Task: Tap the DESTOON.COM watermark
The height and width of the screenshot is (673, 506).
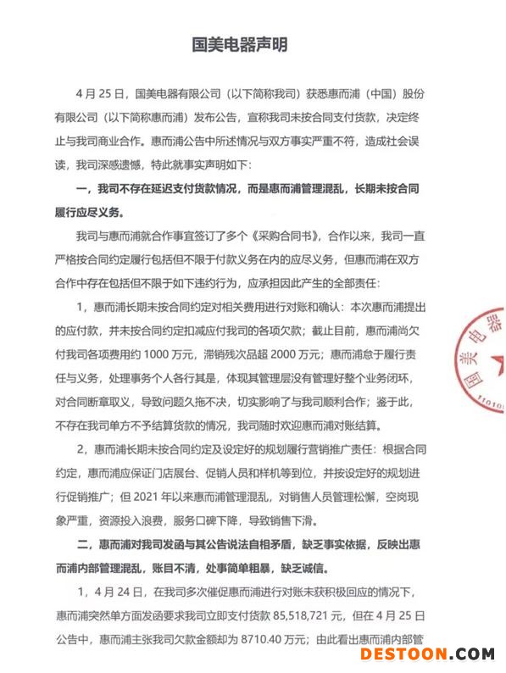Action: click(x=427, y=654)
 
